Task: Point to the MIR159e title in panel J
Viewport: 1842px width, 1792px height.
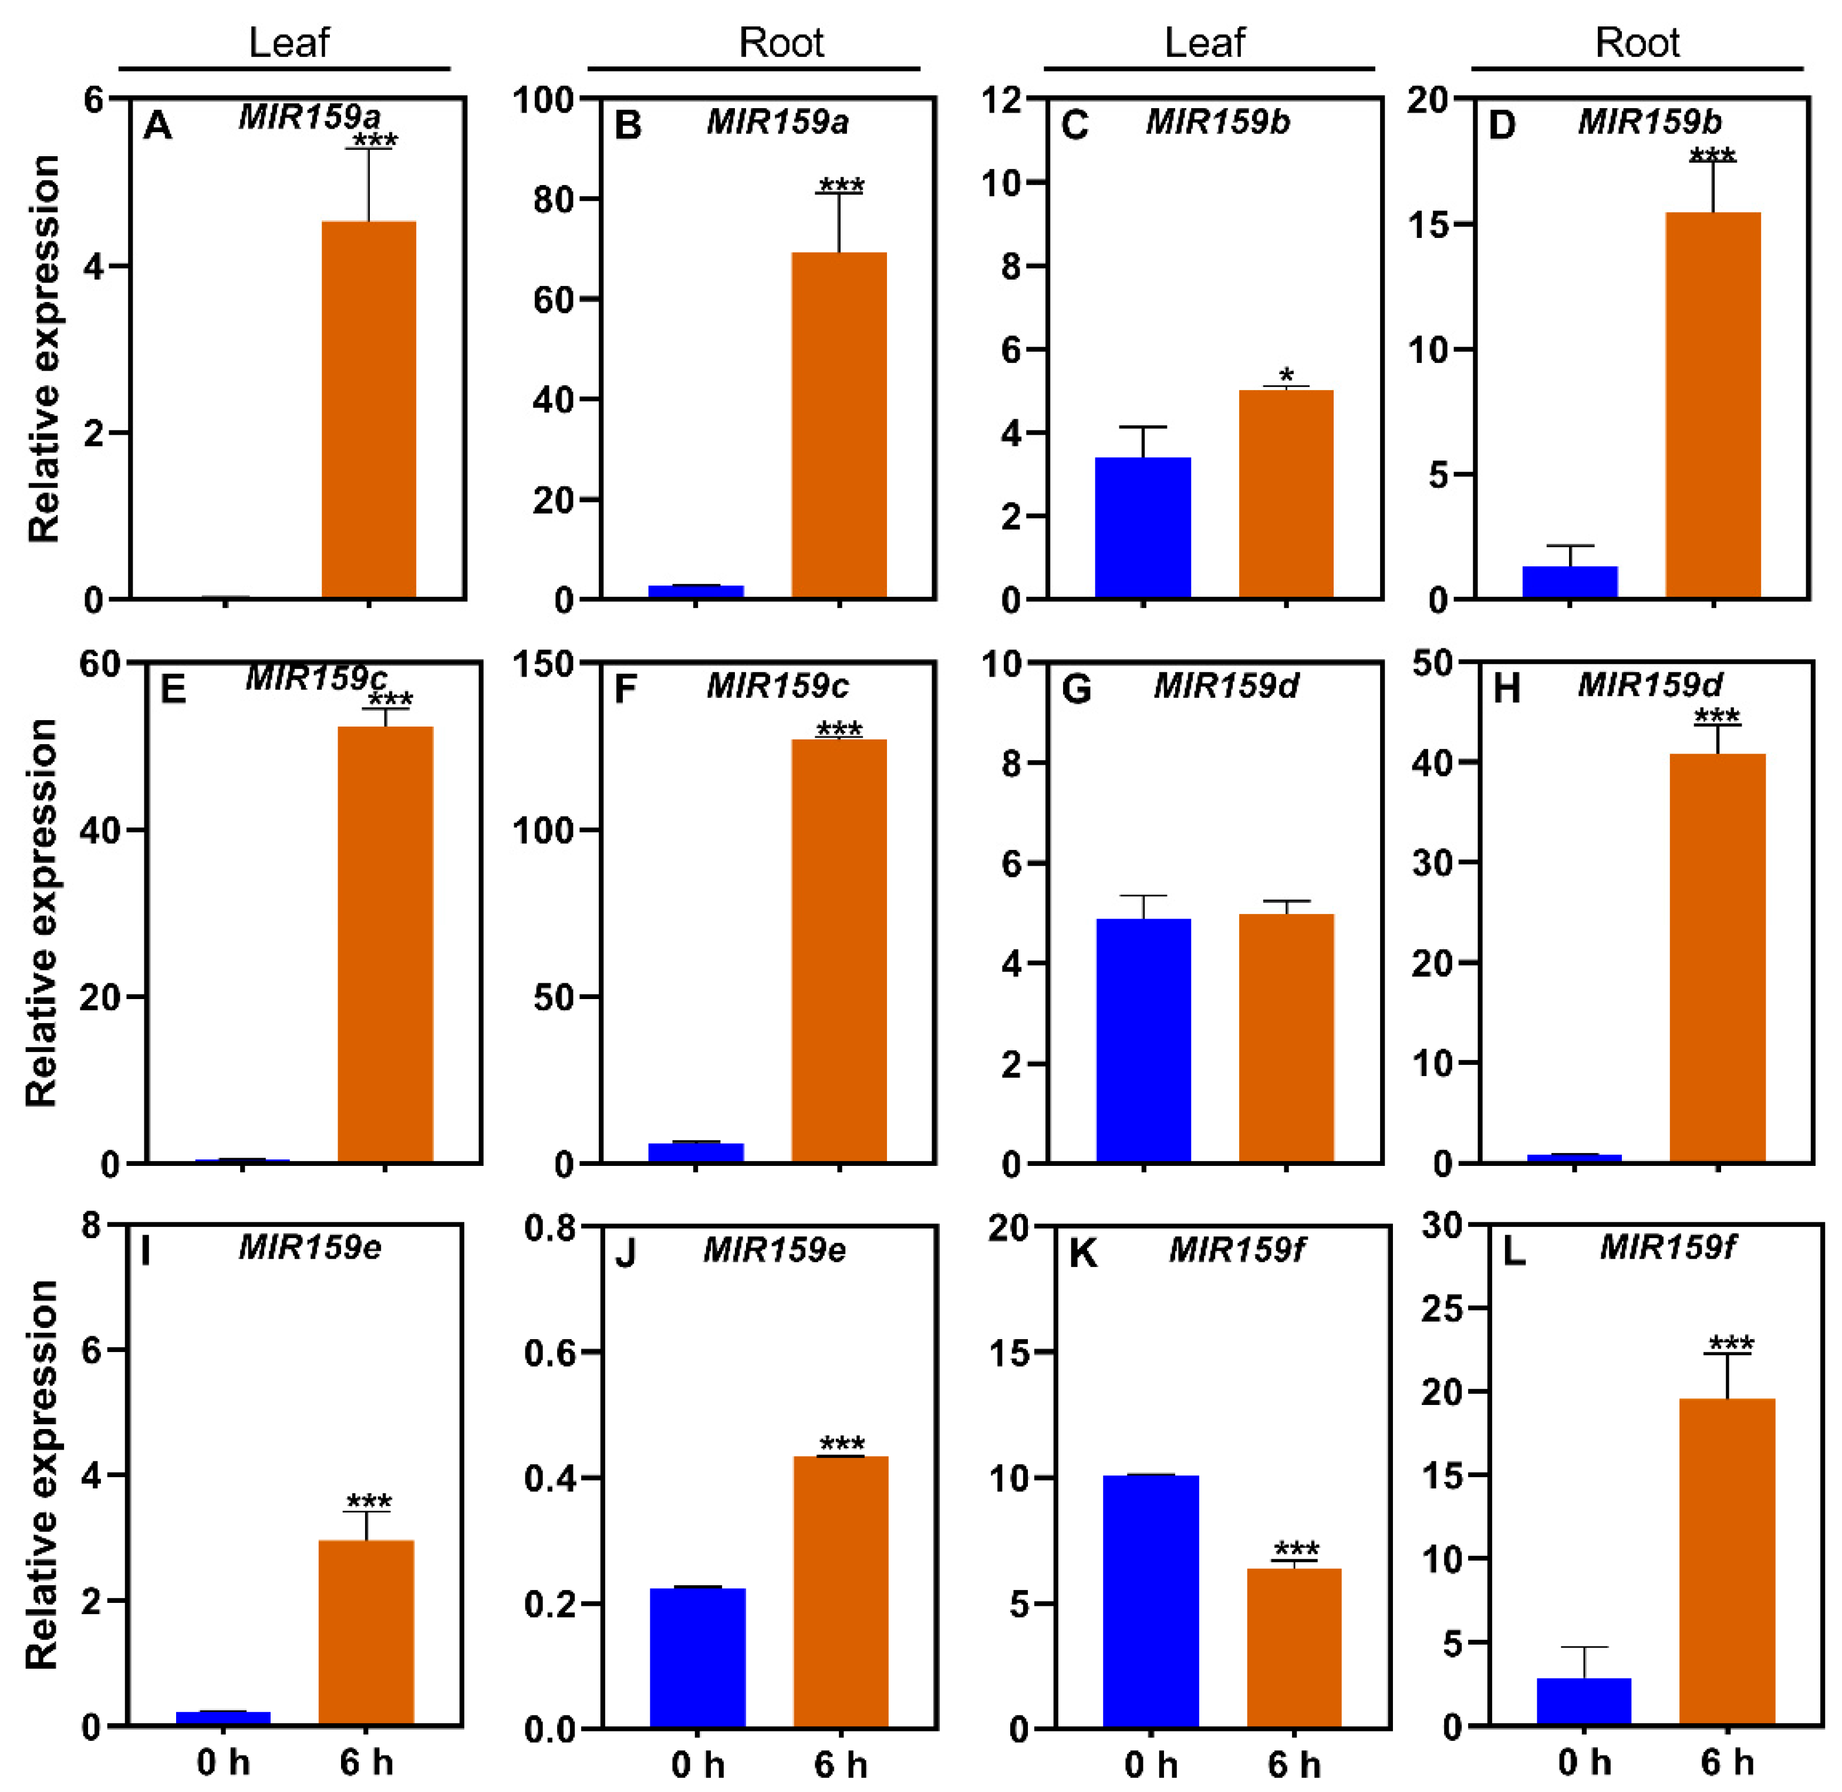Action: coord(774,1250)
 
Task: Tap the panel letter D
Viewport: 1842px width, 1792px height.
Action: coord(1502,125)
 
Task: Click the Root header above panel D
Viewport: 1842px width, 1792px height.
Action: coord(1637,42)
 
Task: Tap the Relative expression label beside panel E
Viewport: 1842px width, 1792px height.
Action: coord(42,913)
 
